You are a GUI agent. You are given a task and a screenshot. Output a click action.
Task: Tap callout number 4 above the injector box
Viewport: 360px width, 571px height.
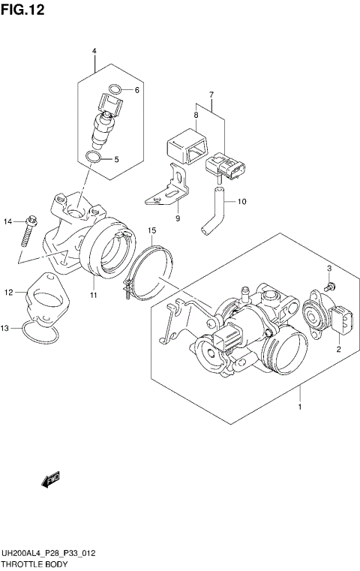pyautogui.click(x=94, y=51)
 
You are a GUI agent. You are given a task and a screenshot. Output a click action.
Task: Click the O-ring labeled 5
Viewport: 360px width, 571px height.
pyautogui.click(x=93, y=158)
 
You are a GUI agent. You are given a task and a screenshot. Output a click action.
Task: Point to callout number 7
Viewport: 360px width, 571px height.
pyautogui.click(x=211, y=95)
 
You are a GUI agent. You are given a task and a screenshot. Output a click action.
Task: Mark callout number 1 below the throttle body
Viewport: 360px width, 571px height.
pyautogui.click(x=300, y=407)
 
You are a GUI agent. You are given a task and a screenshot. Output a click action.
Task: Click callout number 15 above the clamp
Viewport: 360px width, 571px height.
pyautogui.click(x=151, y=230)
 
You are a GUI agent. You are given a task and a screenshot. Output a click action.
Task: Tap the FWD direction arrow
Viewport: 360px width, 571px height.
pyautogui.click(x=50, y=479)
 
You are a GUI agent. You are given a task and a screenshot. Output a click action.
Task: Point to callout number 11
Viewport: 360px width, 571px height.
pyautogui.click(x=94, y=295)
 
